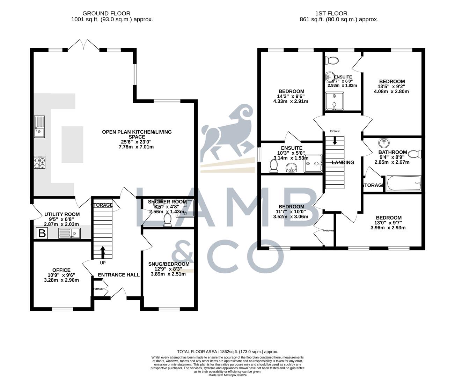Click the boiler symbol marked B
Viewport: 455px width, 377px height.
click(x=42, y=233)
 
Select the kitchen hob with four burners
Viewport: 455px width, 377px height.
click(x=39, y=162)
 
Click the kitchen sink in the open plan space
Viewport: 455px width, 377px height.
click(x=39, y=127)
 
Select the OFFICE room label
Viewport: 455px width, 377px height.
click(x=61, y=270)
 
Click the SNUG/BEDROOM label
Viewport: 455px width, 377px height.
click(x=169, y=264)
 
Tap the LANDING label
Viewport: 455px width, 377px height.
click(x=343, y=162)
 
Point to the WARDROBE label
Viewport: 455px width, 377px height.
click(x=329, y=231)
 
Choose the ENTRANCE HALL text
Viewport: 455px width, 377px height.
click(x=119, y=275)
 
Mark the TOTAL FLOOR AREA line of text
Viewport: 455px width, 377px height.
click(x=227, y=352)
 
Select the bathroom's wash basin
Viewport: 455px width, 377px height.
click(x=384, y=143)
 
